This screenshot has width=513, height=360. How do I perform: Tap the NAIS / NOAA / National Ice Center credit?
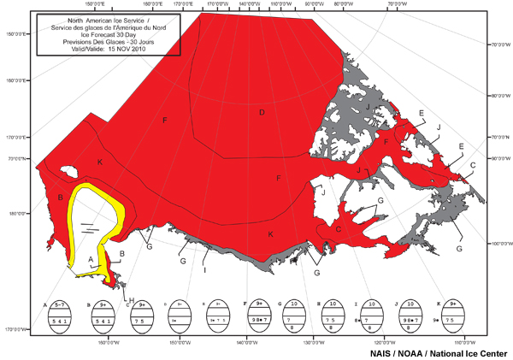click(x=438, y=352)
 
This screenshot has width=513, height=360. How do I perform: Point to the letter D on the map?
click(x=262, y=112)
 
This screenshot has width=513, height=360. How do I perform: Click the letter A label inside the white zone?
click(x=91, y=258)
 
